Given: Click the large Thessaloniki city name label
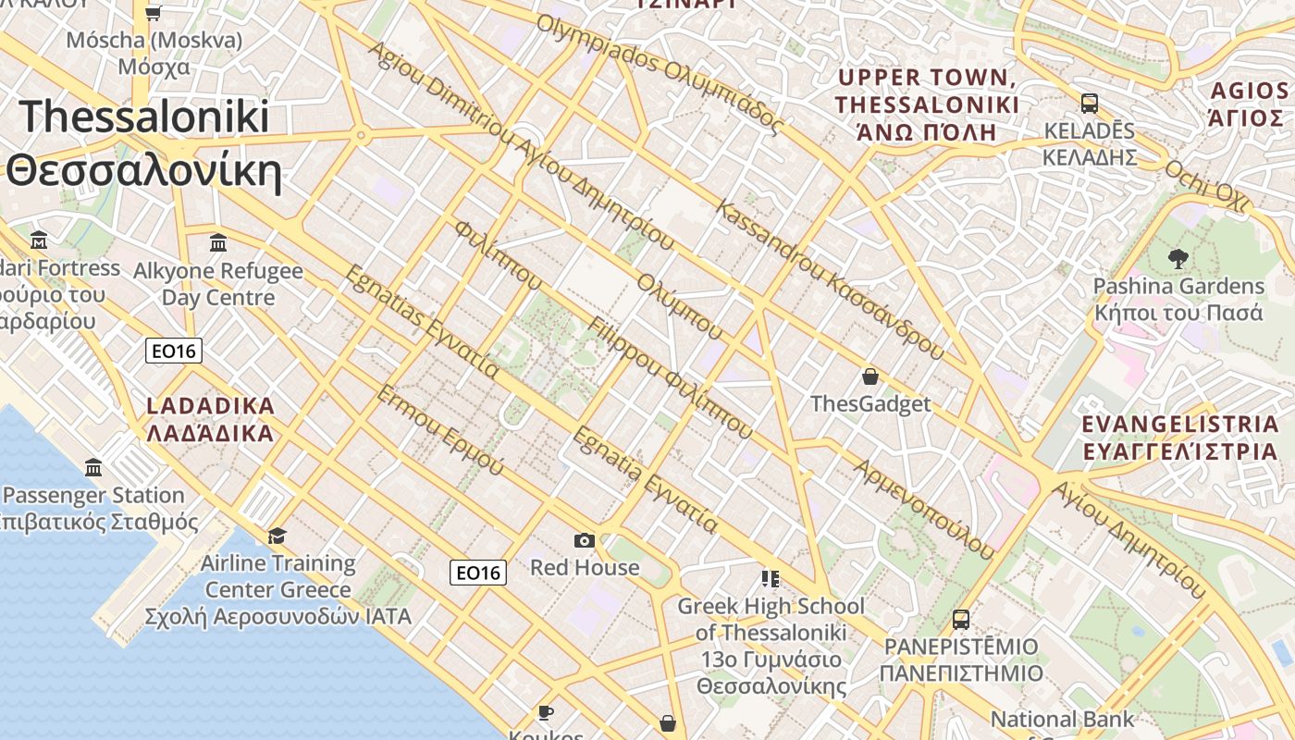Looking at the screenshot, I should (144, 144).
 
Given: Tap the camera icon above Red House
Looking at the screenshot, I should (584, 540).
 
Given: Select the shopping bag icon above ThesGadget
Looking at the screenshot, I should (869, 376).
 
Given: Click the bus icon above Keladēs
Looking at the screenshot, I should (1089, 103).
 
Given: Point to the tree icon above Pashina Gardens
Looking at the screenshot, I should (1178, 258).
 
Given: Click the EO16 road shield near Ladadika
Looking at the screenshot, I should (173, 351).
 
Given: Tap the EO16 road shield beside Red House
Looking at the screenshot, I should (478, 573).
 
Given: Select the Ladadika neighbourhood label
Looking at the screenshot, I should (211, 419).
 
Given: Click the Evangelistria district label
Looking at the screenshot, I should (1179, 438).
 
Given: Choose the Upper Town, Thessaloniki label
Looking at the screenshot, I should (927, 104).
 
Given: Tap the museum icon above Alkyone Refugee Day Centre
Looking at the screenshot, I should (218, 243).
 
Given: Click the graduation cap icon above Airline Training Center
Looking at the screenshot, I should (277, 536).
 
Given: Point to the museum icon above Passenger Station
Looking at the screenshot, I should (92, 468).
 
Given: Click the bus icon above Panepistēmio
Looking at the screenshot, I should (961, 619).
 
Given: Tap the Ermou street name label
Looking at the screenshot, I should (439, 429).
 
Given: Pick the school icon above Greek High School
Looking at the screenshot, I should (770, 579).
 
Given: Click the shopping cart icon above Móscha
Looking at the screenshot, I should (154, 13).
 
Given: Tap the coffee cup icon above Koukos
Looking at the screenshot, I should (545, 711).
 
